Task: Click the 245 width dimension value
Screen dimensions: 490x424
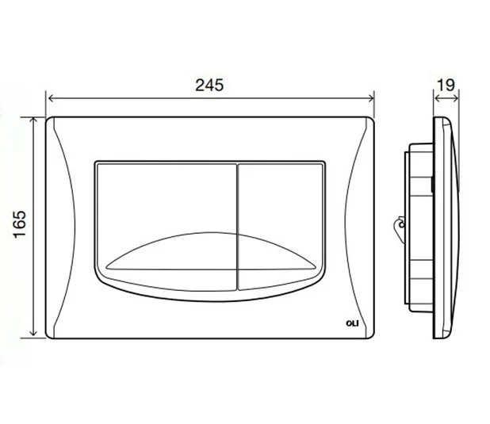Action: [x=209, y=86]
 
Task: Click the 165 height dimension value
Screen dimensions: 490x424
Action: [x=20, y=224]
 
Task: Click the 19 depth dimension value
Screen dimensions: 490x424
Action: [x=446, y=85]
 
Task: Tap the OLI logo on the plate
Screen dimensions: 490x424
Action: [x=352, y=323]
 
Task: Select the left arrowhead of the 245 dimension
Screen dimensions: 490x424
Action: [x=52, y=98]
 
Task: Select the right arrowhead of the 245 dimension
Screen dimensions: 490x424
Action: [x=370, y=98]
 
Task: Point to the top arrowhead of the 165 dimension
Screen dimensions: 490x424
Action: [x=33, y=121]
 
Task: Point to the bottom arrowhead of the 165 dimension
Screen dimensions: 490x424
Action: [x=33, y=332]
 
